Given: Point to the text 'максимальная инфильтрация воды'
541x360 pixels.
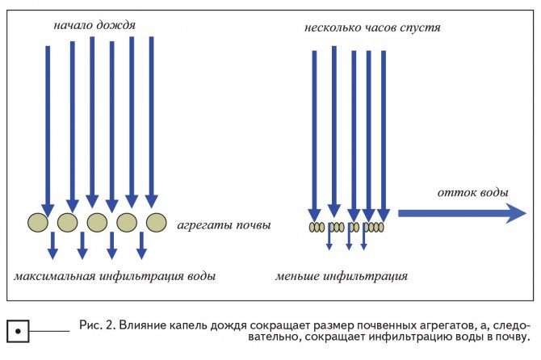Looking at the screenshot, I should click(x=115, y=277).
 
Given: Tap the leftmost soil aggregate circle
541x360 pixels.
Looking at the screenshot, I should click(x=38, y=223).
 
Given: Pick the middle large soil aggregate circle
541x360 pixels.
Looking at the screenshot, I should click(x=97, y=223).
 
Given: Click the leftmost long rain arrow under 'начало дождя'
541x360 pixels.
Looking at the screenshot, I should click(x=48, y=129).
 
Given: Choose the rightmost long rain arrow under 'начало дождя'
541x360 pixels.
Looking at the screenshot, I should click(x=151, y=125).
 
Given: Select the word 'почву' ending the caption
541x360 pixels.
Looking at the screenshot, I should click(x=510, y=337).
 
